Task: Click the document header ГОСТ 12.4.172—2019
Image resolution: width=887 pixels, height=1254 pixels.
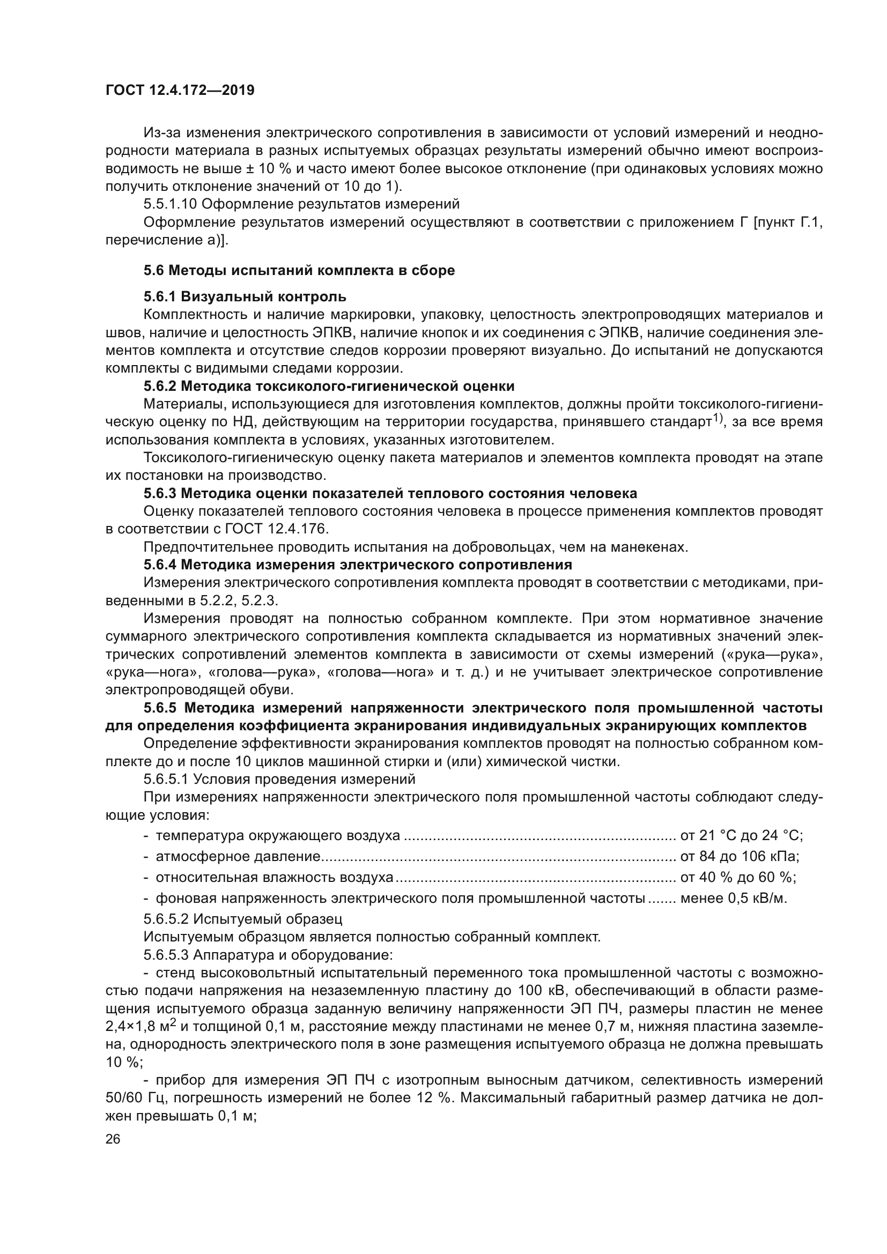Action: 180,91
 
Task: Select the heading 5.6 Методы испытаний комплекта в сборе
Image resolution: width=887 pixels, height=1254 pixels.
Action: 299,270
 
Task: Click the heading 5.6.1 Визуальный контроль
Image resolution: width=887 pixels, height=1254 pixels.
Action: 245,296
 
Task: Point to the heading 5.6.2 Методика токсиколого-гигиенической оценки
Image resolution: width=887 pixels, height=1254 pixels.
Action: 329,386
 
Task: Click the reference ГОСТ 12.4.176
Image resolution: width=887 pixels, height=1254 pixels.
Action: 283,529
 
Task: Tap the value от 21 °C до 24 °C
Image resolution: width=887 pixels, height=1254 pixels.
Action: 741,835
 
